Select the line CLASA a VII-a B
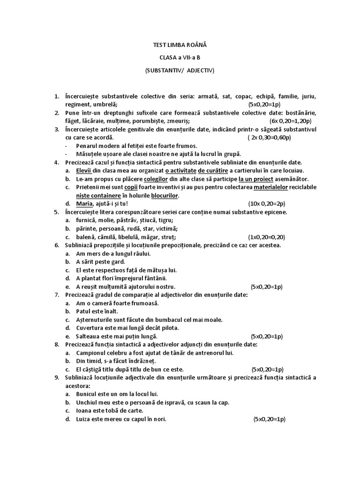[180, 57]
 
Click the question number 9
[56, 377]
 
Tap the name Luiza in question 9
[84, 419]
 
